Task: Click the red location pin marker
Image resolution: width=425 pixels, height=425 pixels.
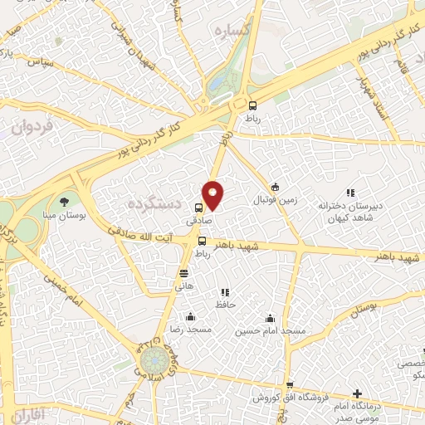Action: [213, 194]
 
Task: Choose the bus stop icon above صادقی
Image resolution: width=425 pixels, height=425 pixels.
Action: [198, 208]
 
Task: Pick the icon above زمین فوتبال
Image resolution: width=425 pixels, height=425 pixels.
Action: [275, 186]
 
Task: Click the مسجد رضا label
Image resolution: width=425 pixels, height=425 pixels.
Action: [191, 330]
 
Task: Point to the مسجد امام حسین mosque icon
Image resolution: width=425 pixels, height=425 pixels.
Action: [269, 317]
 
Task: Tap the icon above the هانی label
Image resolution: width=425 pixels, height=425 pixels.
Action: [183, 271]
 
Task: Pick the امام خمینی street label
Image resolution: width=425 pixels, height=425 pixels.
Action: [85, 304]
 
